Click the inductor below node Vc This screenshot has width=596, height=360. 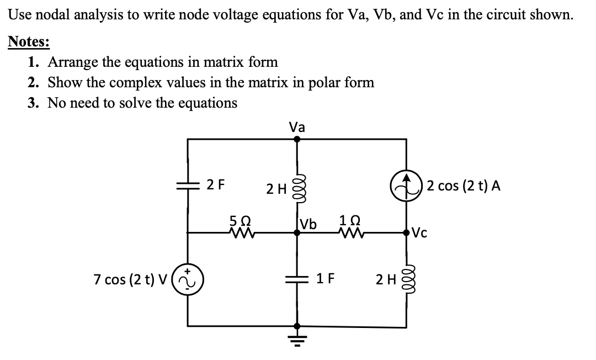[407, 280]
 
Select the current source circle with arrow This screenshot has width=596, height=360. [407, 186]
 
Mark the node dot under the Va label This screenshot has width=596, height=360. [297, 139]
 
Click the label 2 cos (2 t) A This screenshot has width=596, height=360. [464, 186]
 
